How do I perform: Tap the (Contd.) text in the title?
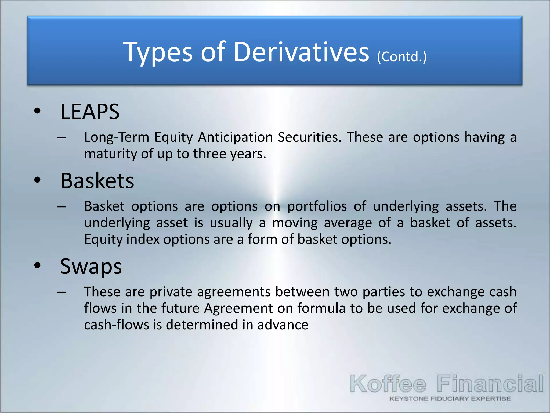pos(402,57)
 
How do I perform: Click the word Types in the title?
pos(158,52)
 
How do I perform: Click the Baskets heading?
pos(97,181)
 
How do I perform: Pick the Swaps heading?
pos(91,266)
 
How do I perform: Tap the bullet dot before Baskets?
pos(37,180)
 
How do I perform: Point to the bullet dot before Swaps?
pos(37,265)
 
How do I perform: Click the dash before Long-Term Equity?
pos(61,138)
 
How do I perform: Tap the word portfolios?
pos(317,206)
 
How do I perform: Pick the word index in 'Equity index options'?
pos(143,239)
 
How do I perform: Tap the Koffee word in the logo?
pos(388,384)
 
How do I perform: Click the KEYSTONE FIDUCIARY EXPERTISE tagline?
pos(450,399)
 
